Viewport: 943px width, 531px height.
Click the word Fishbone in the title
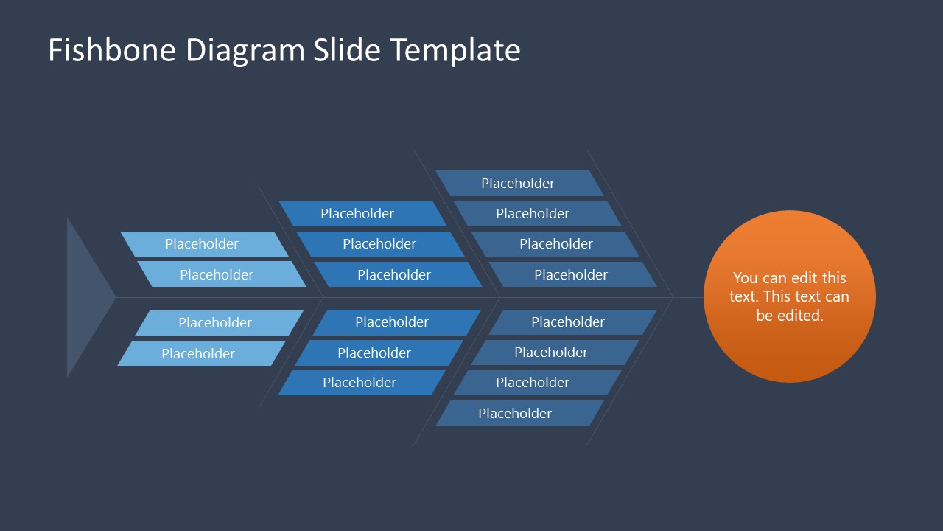pyautogui.click(x=112, y=50)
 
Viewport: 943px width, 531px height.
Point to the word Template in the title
pyautogui.click(x=455, y=50)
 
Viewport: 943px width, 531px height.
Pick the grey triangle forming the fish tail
pyautogui.click(x=85, y=297)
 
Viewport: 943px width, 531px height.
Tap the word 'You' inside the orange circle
pyautogui.click(x=745, y=278)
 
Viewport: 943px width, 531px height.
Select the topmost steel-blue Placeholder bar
pyautogui.click(x=519, y=184)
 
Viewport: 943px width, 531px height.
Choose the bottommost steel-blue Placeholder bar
pyautogui.click(x=516, y=414)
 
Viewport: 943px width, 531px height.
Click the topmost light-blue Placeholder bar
pyautogui.click(x=203, y=244)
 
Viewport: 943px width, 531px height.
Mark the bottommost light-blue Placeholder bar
pyautogui.click(x=199, y=353)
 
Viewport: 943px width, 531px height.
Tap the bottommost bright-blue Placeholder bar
pyautogui.click(x=360, y=383)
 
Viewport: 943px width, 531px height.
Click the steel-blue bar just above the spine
pyautogui.click(x=572, y=274)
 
